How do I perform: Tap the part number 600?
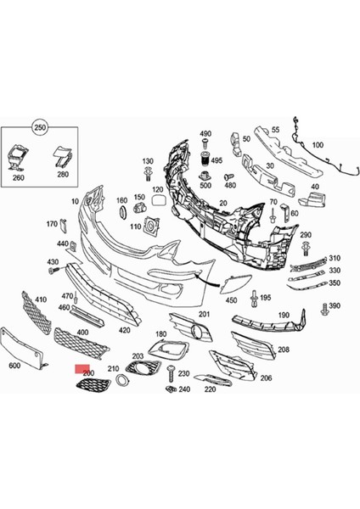[14, 366]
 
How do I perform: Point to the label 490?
[205, 134]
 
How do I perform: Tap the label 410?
[41, 300]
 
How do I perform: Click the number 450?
[231, 300]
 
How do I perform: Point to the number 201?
[204, 315]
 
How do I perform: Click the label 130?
[148, 161]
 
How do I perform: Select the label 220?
[211, 391]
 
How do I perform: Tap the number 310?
[334, 258]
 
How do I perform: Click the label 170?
[52, 224]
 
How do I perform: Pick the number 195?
[265, 298]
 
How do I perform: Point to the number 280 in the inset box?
[63, 175]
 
